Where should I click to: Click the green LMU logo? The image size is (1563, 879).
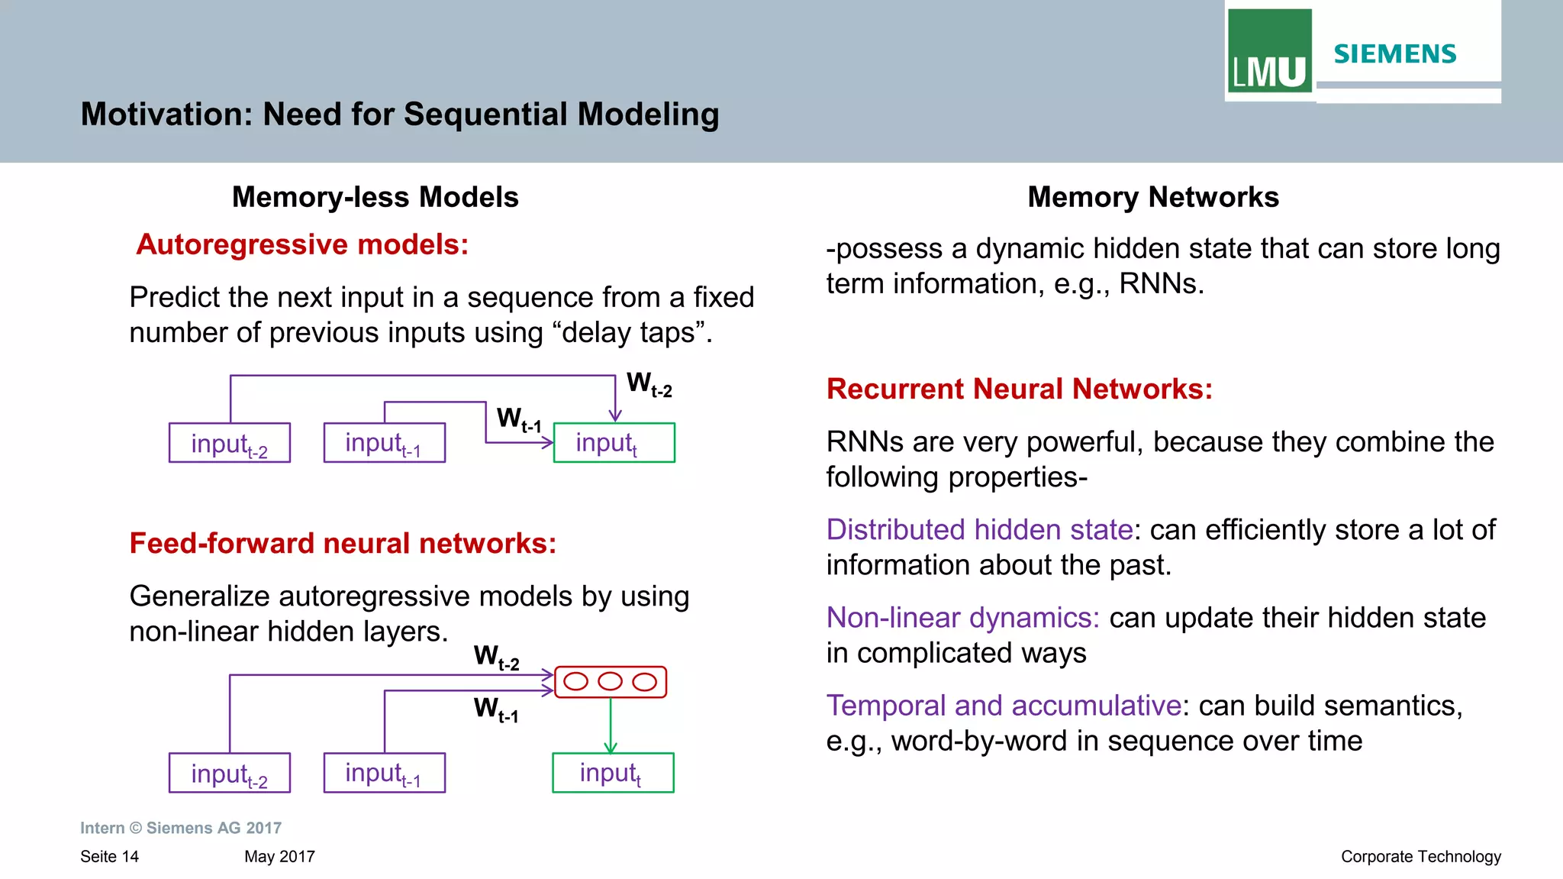(1269, 50)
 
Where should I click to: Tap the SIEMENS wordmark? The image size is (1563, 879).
(1394, 54)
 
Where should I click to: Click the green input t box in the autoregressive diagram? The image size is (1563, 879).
(614, 443)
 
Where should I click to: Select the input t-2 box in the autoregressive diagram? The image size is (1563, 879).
(229, 443)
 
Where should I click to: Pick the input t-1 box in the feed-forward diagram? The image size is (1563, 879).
(384, 773)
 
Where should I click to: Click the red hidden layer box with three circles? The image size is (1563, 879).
(610, 682)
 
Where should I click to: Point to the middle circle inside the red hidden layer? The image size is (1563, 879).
(610, 681)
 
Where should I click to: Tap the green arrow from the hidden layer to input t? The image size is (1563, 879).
(610, 725)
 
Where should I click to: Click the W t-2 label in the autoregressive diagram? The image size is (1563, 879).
(649, 384)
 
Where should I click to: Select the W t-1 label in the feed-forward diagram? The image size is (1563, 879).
(496, 709)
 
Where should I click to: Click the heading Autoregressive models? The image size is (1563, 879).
(302, 245)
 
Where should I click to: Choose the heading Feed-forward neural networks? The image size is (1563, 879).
(343, 544)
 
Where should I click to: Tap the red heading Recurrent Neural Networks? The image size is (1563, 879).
(1019, 389)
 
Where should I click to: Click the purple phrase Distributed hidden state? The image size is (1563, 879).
(979, 530)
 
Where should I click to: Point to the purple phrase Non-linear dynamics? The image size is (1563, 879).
(962, 618)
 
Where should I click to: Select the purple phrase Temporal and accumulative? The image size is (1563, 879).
(1004, 706)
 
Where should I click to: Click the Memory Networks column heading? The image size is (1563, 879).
(1152, 198)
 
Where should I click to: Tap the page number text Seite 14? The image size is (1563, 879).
(109, 857)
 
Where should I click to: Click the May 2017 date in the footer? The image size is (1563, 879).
(279, 857)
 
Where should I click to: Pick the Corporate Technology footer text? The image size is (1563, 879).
(1420, 857)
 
